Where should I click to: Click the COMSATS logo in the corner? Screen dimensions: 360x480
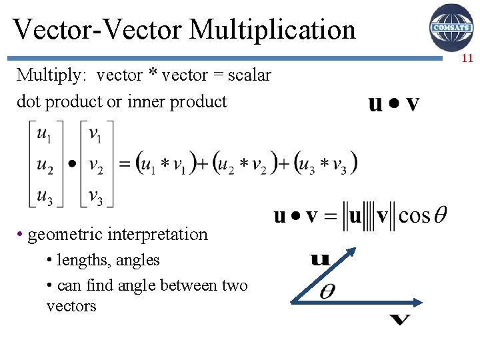(451, 27)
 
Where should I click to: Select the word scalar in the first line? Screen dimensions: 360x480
(249, 75)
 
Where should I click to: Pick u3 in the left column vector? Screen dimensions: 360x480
(44, 196)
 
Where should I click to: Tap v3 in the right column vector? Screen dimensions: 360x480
(95, 196)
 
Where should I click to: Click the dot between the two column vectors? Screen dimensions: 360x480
(72, 163)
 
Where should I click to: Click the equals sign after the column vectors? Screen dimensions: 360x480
(124, 164)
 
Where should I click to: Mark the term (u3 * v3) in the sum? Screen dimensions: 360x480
(325, 163)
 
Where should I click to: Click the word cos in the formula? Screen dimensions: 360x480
(414, 217)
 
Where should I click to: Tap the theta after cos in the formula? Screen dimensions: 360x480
(440, 216)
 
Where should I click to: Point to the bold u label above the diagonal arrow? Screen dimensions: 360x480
(320, 257)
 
